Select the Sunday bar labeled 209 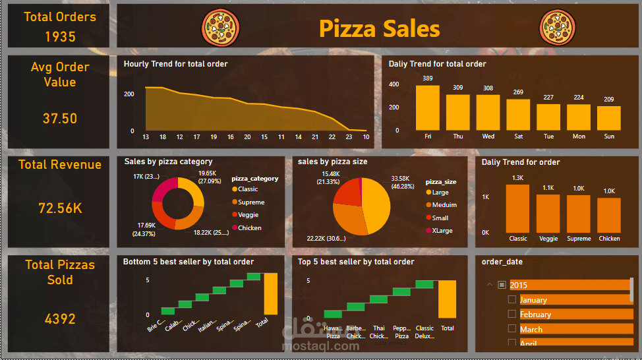608,118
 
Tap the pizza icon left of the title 220,28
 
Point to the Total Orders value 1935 60,37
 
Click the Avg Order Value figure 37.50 60,119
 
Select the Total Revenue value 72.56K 60,208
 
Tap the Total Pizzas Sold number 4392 60,319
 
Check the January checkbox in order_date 512,300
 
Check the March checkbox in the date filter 512,329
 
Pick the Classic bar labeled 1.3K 517,208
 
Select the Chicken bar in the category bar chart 609,214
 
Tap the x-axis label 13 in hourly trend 145,136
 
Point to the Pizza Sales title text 379,28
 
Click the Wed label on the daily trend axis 488,136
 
